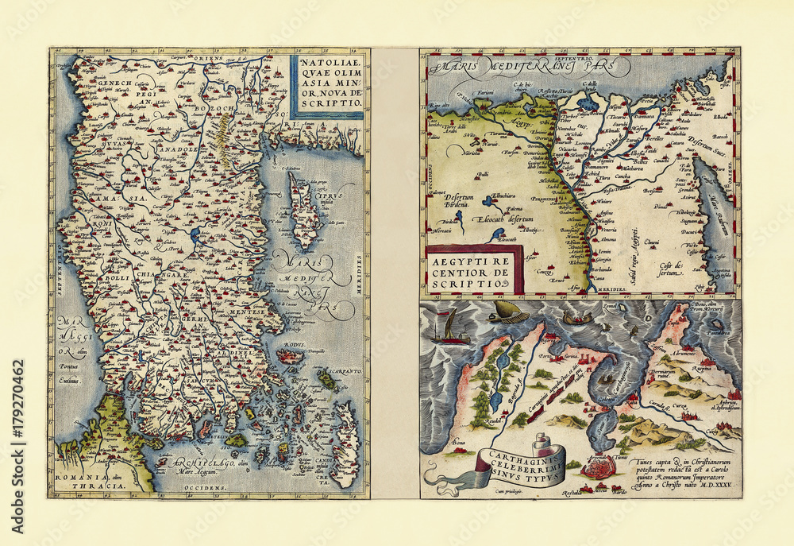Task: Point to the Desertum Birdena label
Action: [449, 199]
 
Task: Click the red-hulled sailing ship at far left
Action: [452, 328]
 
